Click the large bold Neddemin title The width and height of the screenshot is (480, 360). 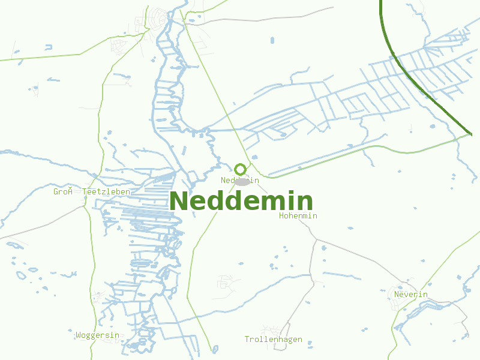tap(241, 201)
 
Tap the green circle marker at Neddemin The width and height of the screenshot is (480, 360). tap(241, 170)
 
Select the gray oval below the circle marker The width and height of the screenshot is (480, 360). tap(242, 181)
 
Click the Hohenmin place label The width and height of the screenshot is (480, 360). tap(298, 215)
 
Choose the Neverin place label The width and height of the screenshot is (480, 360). tap(411, 294)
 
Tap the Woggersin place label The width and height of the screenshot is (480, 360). tap(98, 335)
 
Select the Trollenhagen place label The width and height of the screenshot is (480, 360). tap(273, 340)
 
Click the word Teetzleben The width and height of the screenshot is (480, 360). tap(106, 191)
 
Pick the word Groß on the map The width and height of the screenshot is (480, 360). tap(62, 191)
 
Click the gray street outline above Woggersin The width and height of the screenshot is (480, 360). tap(99, 297)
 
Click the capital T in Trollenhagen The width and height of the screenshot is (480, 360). tap(247, 340)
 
